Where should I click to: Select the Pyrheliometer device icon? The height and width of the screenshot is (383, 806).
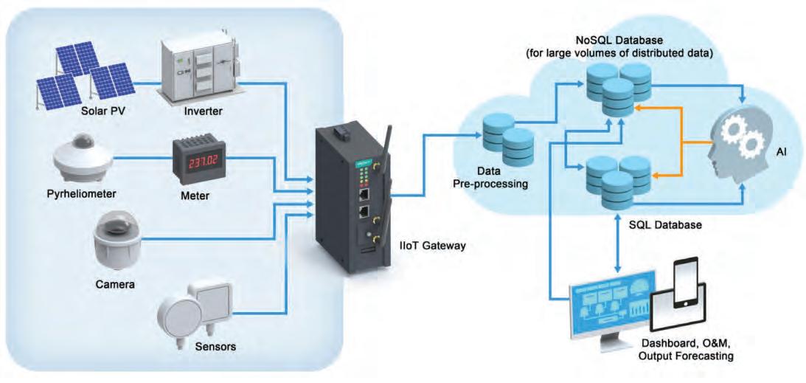click(x=83, y=159)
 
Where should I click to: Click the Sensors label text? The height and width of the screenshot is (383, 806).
click(x=215, y=347)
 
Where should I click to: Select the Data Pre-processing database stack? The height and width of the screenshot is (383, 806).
click(x=508, y=138)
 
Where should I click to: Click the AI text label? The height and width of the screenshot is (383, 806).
click(x=783, y=152)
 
